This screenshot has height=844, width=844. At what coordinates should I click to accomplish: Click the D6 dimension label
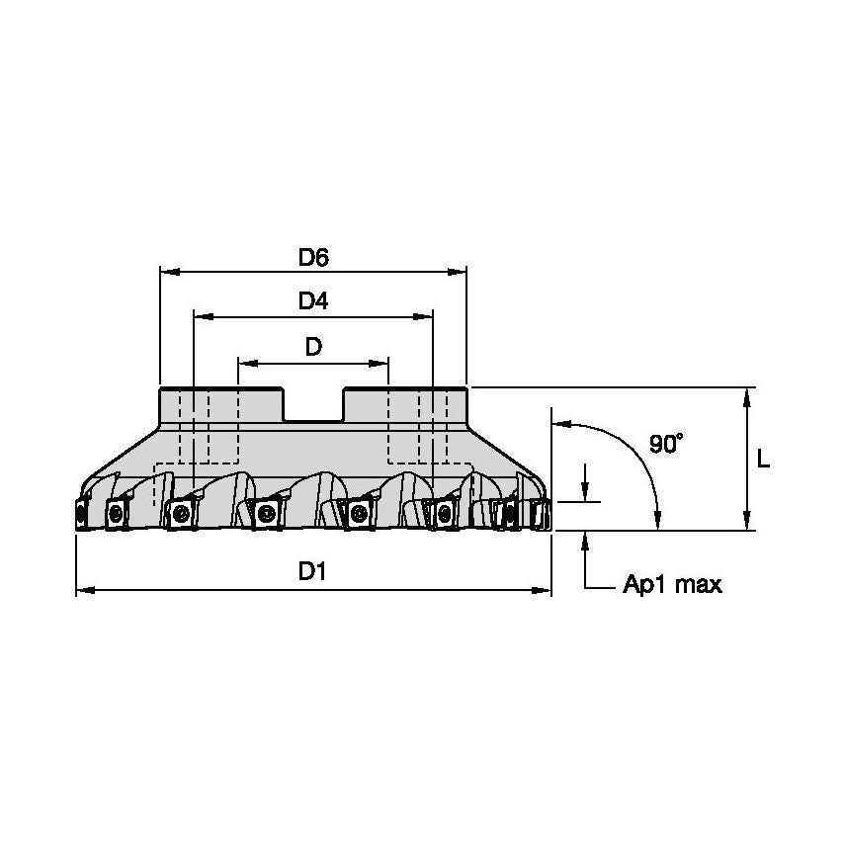tap(313, 258)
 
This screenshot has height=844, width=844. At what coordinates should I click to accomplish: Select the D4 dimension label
tap(313, 302)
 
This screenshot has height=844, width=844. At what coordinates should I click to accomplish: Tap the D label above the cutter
tap(313, 347)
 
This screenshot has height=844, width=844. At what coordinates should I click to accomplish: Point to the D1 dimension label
tap(313, 572)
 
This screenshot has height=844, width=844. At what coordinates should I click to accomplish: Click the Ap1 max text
tap(672, 585)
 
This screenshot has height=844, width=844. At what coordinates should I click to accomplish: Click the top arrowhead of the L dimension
tap(749, 395)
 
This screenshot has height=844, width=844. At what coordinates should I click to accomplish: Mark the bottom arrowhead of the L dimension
tap(749, 523)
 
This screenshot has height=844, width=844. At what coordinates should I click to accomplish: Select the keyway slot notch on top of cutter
tap(313, 405)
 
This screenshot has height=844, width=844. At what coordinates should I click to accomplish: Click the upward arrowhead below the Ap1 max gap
tap(586, 539)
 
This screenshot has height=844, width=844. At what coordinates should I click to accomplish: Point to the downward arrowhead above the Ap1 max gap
tap(586, 494)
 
